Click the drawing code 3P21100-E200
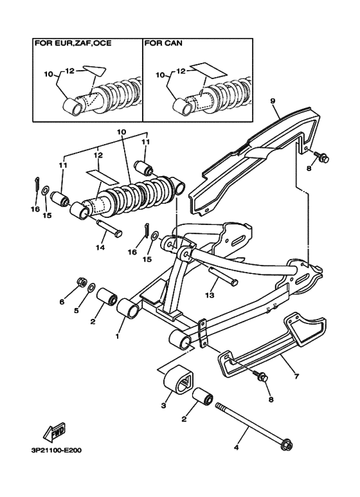coord(57,450)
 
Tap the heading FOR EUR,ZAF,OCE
coord(73,43)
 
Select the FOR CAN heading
coord(163,43)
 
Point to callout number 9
coord(273,101)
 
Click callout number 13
coord(210,295)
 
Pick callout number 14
coord(100,248)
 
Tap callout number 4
coord(236,448)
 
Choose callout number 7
coord(296,376)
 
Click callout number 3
coord(163,405)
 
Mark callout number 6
coord(62,302)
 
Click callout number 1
coord(118,336)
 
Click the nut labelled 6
coord(82,282)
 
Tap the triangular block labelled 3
coord(179,380)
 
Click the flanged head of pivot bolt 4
coord(287,444)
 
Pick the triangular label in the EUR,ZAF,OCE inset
coord(95,70)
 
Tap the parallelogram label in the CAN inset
coord(208,71)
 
